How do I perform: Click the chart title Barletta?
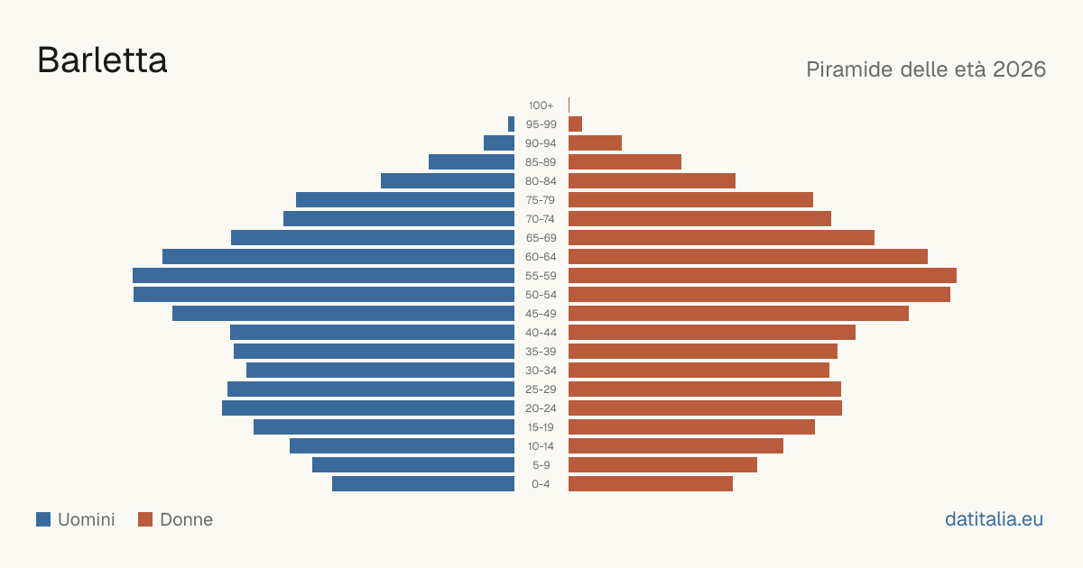pos(102,60)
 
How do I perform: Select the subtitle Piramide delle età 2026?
pos(926,69)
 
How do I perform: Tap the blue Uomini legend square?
pos(43,519)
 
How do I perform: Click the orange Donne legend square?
pos(145,519)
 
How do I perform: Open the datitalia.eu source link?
pos(994,519)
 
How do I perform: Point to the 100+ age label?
pos(541,105)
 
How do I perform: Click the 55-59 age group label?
pos(541,276)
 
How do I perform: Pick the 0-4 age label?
pos(541,484)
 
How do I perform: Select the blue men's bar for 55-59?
pos(323,275)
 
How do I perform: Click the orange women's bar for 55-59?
pos(763,275)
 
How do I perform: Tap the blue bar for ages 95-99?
pos(511,124)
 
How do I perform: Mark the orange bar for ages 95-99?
pos(576,124)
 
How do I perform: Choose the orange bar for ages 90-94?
pos(595,143)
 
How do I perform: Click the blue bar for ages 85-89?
pos(471,161)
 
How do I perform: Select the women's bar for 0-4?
pos(651,484)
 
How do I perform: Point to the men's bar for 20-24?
pos(368,408)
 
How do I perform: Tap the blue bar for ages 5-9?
pos(413,465)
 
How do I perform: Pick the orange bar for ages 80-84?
pos(652,180)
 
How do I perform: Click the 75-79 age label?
pos(541,200)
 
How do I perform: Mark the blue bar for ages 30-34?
pos(381,370)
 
